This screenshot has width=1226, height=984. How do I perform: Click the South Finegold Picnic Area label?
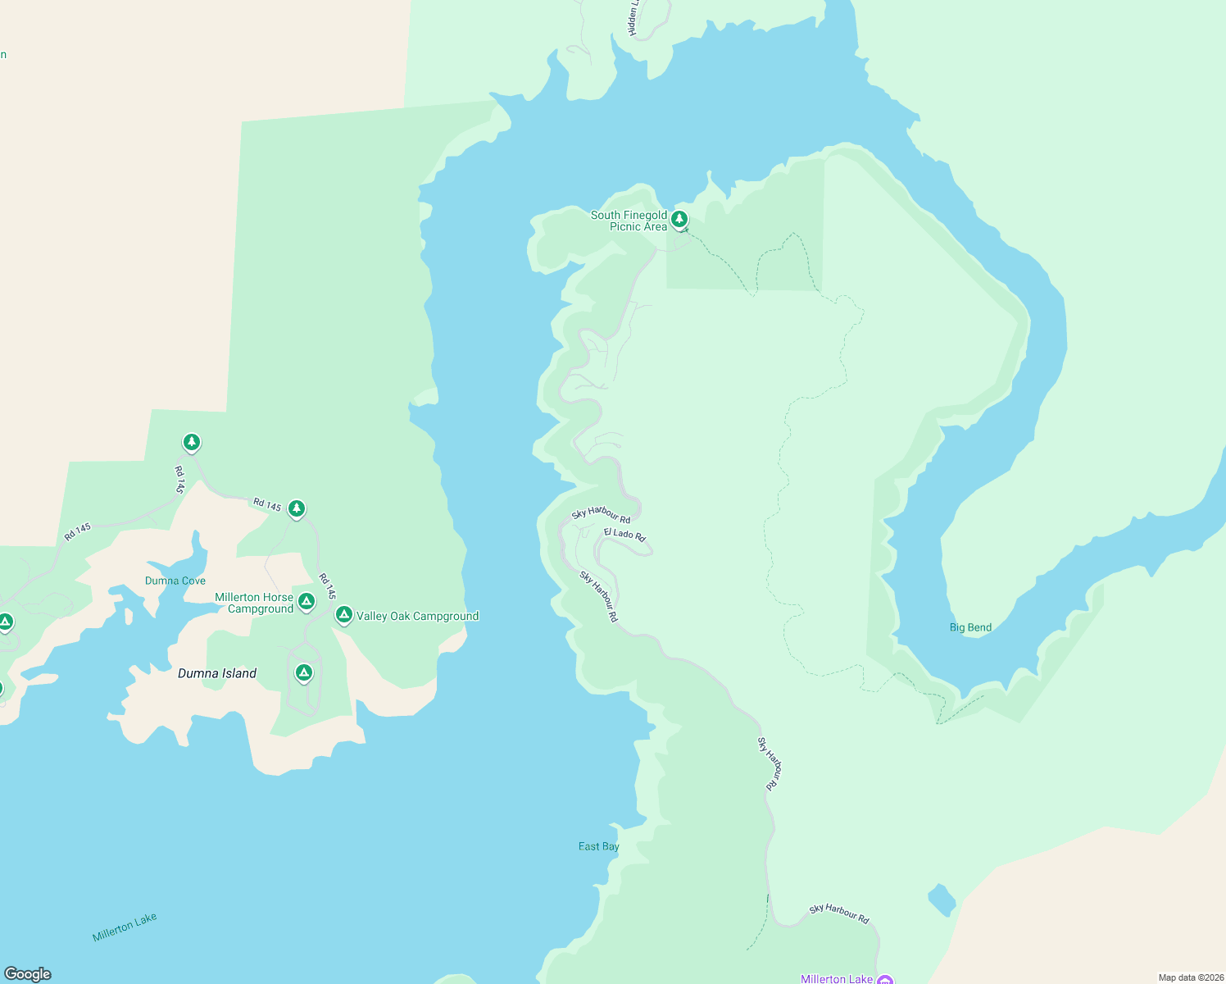tap(629, 221)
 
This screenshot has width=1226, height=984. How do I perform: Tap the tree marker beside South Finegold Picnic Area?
tap(679, 219)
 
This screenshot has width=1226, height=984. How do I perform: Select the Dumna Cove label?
tap(175, 581)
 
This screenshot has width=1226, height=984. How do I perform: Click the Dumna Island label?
tap(217, 673)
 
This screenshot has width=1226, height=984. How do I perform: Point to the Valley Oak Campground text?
tap(417, 617)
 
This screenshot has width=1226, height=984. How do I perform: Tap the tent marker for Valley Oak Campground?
tap(344, 614)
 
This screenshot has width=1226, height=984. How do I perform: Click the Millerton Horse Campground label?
tap(254, 603)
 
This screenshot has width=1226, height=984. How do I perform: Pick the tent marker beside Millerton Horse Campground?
tap(306, 602)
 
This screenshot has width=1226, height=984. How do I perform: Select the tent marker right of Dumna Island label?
tap(304, 673)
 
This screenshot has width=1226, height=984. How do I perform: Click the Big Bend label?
tap(970, 627)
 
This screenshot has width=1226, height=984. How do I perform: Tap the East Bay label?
tap(599, 846)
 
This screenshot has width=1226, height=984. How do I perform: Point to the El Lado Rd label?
tap(624, 534)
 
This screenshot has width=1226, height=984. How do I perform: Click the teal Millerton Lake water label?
tap(125, 927)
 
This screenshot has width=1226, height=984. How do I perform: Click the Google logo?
tap(28, 974)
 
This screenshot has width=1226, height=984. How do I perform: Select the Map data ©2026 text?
tap(1191, 977)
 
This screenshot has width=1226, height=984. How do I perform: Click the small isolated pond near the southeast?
tap(942, 900)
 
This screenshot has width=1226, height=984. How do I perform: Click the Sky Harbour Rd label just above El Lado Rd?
tap(601, 515)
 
